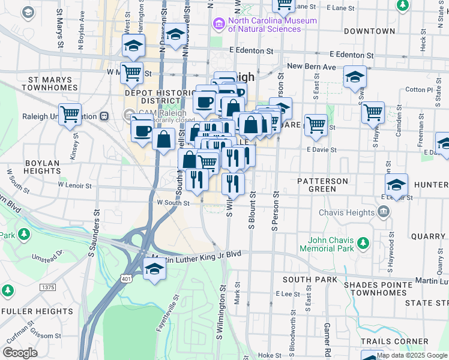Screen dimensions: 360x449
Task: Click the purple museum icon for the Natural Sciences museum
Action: (218, 24)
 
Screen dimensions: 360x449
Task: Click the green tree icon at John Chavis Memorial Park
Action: (363, 243)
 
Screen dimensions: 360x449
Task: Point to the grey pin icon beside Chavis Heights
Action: (384, 212)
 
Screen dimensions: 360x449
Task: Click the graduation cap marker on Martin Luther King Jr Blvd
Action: (154, 268)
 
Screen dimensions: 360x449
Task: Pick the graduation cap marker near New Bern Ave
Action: (355, 76)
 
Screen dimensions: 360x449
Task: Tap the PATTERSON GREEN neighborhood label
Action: (322, 185)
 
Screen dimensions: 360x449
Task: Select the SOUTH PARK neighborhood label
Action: (306, 280)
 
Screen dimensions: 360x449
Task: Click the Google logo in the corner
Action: (19, 352)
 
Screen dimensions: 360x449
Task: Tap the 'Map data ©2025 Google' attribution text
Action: (412, 355)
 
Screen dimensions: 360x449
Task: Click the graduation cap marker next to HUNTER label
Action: (396, 184)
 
